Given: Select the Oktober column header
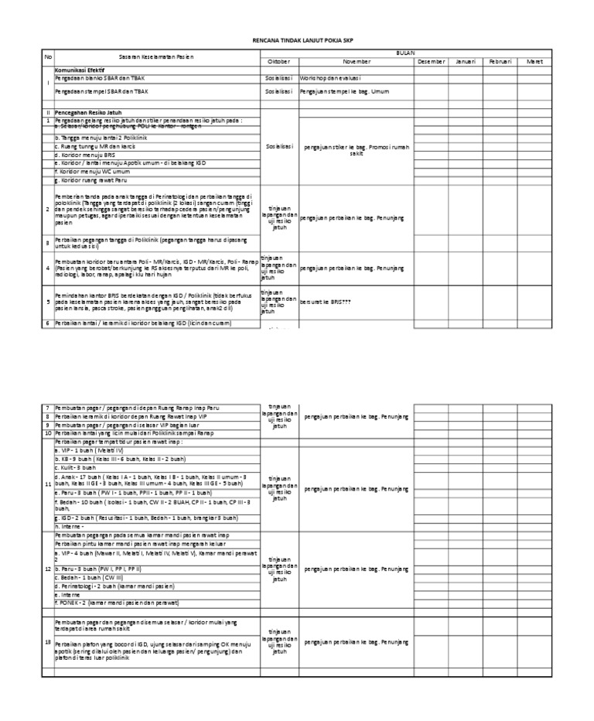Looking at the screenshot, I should (278, 61).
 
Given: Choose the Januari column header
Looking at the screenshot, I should (466, 61).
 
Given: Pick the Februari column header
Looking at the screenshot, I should (500, 61).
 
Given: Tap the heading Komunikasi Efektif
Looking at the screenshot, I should (81, 70).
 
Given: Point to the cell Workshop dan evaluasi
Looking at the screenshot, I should (333, 78).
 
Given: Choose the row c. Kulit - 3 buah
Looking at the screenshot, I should (75, 468).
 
